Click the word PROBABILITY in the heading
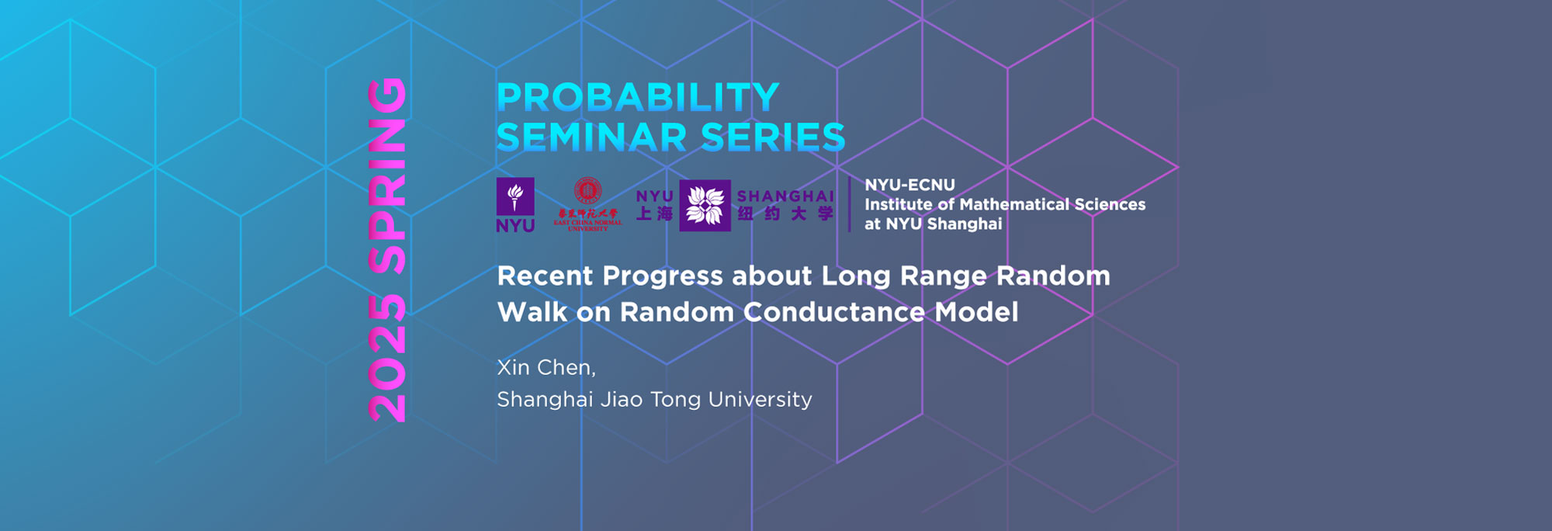(x=638, y=98)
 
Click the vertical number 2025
(x=387, y=359)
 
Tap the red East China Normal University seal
(x=587, y=191)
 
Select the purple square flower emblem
(x=705, y=206)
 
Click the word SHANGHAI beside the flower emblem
(x=785, y=196)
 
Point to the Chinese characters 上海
(x=654, y=213)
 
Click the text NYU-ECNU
(x=909, y=185)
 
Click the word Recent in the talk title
(x=545, y=276)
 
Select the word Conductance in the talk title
(x=834, y=312)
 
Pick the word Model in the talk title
(x=976, y=312)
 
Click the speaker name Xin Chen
(x=546, y=367)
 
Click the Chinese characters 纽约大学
(x=785, y=214)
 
